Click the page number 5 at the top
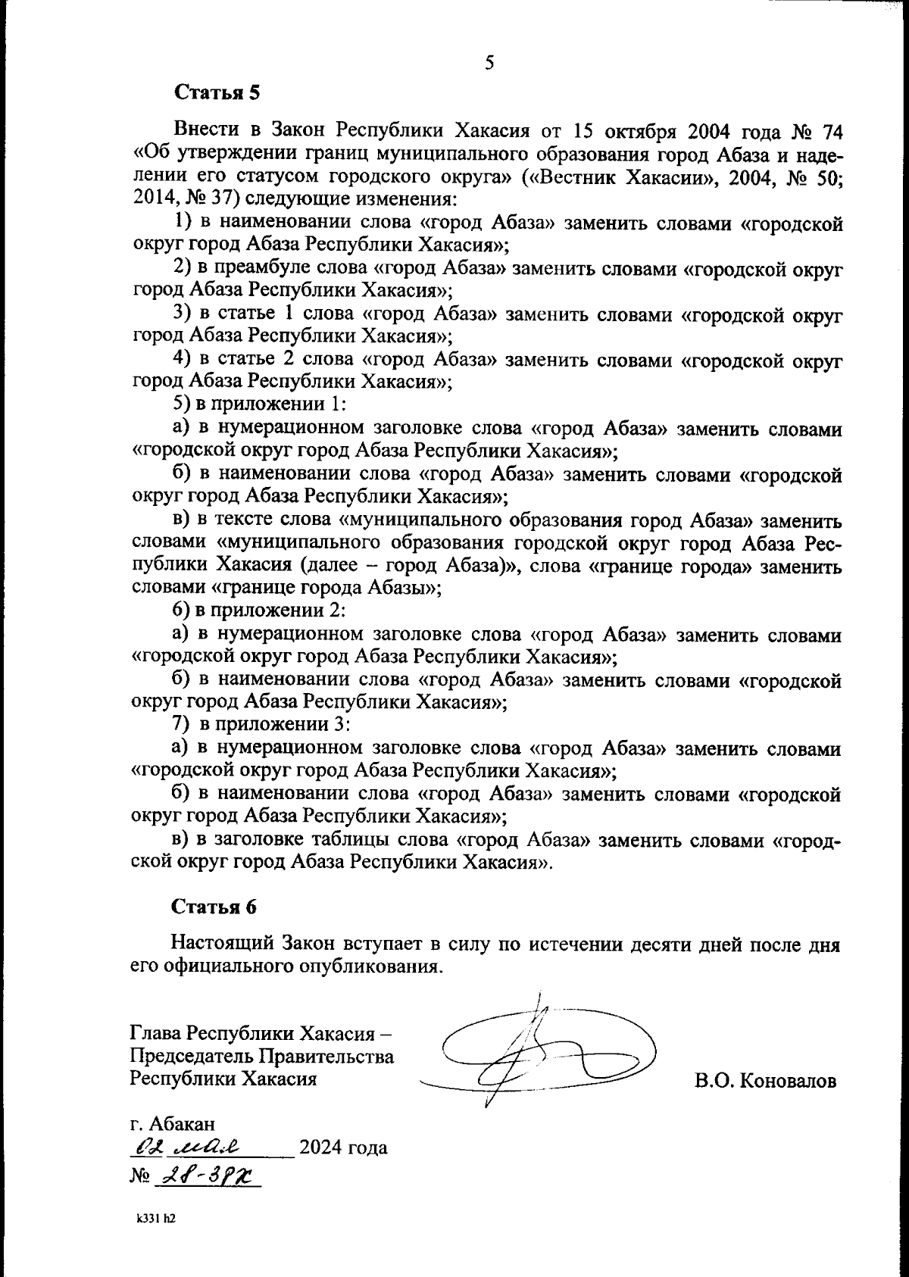tap(489, 63)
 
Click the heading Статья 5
tap(217, 93)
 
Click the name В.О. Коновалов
tap(765, 1081)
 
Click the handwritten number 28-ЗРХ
tap(206, 1176)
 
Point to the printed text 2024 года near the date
tap(343, 1147)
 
